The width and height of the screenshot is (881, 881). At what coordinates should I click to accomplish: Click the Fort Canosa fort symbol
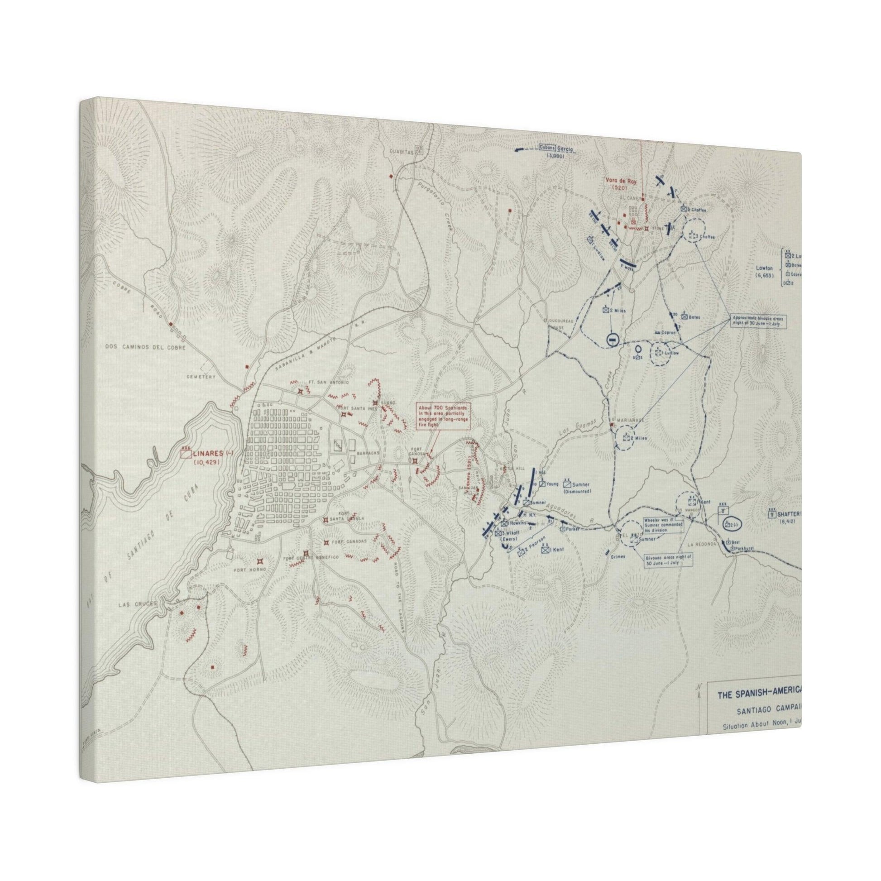(415, 461)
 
